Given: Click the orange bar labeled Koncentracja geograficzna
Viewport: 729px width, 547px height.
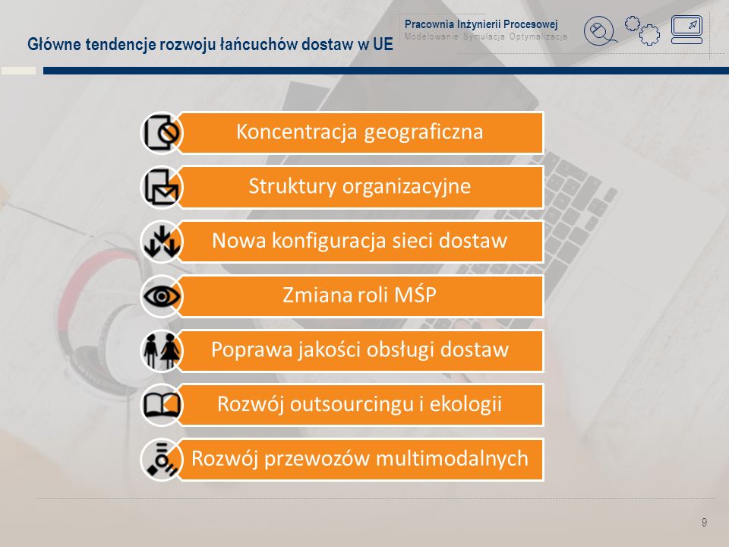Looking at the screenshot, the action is click(360, 132).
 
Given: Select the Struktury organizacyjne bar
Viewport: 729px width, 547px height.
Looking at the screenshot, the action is click(360, 187).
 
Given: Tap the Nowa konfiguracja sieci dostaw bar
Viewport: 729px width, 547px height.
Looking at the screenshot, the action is click(360, 242).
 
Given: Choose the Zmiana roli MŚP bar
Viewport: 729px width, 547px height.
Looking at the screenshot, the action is click(360, 296).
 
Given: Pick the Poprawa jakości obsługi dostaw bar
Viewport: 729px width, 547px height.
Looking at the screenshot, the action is click(360, 350).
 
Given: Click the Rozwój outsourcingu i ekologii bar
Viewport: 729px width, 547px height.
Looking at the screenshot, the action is click(360, 405).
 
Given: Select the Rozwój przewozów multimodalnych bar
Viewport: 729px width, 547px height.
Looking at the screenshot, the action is click(360, 459).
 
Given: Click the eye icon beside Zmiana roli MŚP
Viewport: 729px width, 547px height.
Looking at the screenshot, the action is click(161, 296).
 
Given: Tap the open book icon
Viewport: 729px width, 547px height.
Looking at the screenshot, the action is click(161, 405).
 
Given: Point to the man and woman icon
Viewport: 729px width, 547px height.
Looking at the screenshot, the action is click(161, 351).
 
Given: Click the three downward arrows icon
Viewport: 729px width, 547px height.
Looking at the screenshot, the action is click(161, 242).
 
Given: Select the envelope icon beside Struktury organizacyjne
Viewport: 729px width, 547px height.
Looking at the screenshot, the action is click(161, 188).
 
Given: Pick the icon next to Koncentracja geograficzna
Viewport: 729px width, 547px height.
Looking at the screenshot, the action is click(161, 133).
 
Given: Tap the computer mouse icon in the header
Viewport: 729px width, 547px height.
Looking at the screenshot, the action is click(600, 32).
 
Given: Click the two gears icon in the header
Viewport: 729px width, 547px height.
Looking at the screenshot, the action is click(642, 30).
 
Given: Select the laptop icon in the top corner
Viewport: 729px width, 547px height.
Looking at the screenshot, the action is click(686, 30).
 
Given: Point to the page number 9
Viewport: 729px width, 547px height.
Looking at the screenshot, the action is click(704, 523).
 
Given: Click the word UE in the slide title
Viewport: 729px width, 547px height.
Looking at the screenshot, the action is click(383, 44).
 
